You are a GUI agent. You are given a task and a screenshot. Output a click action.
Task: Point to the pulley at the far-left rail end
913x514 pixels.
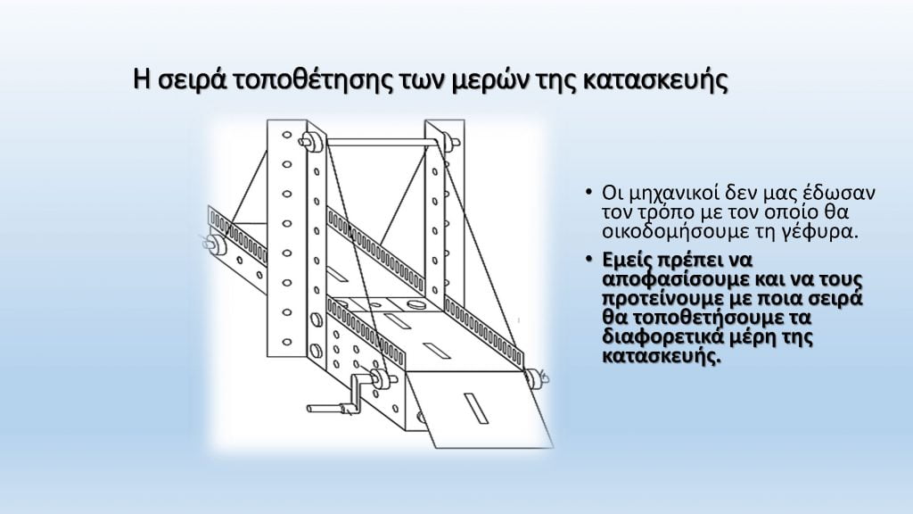[215, 241]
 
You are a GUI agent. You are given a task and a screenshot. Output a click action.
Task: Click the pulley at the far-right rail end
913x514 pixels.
[534, 378]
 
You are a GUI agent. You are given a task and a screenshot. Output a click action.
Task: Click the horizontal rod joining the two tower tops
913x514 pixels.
[380, 140]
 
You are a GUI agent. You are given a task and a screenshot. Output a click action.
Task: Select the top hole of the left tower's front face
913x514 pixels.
[286, 136]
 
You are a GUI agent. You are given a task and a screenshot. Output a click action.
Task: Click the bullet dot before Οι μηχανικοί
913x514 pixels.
[588, 194]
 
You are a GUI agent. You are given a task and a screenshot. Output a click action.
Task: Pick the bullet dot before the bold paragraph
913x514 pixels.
[588, 261]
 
